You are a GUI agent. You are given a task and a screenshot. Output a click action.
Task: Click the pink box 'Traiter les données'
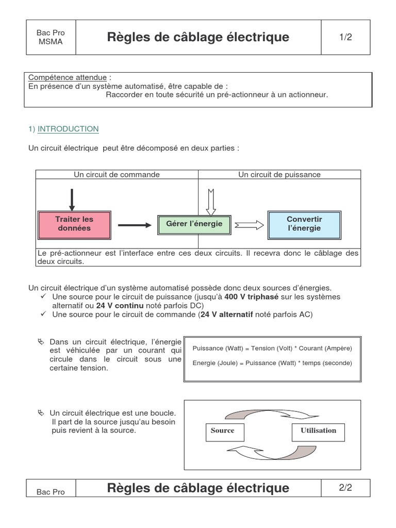point(74,224)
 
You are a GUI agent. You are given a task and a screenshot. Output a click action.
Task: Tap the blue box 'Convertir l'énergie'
point(304,224)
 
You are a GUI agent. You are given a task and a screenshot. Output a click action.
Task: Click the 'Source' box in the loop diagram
point(222,431)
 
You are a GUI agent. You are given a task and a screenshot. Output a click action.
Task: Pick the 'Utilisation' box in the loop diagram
point(318,431)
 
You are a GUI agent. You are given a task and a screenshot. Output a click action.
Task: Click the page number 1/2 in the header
point(345,37)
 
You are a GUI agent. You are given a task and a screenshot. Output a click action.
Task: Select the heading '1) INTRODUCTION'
point(63,129)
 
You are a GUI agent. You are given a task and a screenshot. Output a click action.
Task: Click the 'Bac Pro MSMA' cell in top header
point(51,37)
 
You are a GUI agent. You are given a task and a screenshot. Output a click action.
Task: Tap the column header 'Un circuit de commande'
point(117,175)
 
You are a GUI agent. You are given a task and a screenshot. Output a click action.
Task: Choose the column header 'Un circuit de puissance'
point(279,175)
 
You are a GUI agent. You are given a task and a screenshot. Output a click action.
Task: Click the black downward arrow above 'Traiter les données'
point(72,199)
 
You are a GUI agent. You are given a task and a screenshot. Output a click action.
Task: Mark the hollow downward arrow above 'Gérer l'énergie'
point(210,201)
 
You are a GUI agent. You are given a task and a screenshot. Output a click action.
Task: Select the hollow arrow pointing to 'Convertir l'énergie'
point(249,225)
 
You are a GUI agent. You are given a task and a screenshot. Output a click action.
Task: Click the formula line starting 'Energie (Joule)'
point(272,363)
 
